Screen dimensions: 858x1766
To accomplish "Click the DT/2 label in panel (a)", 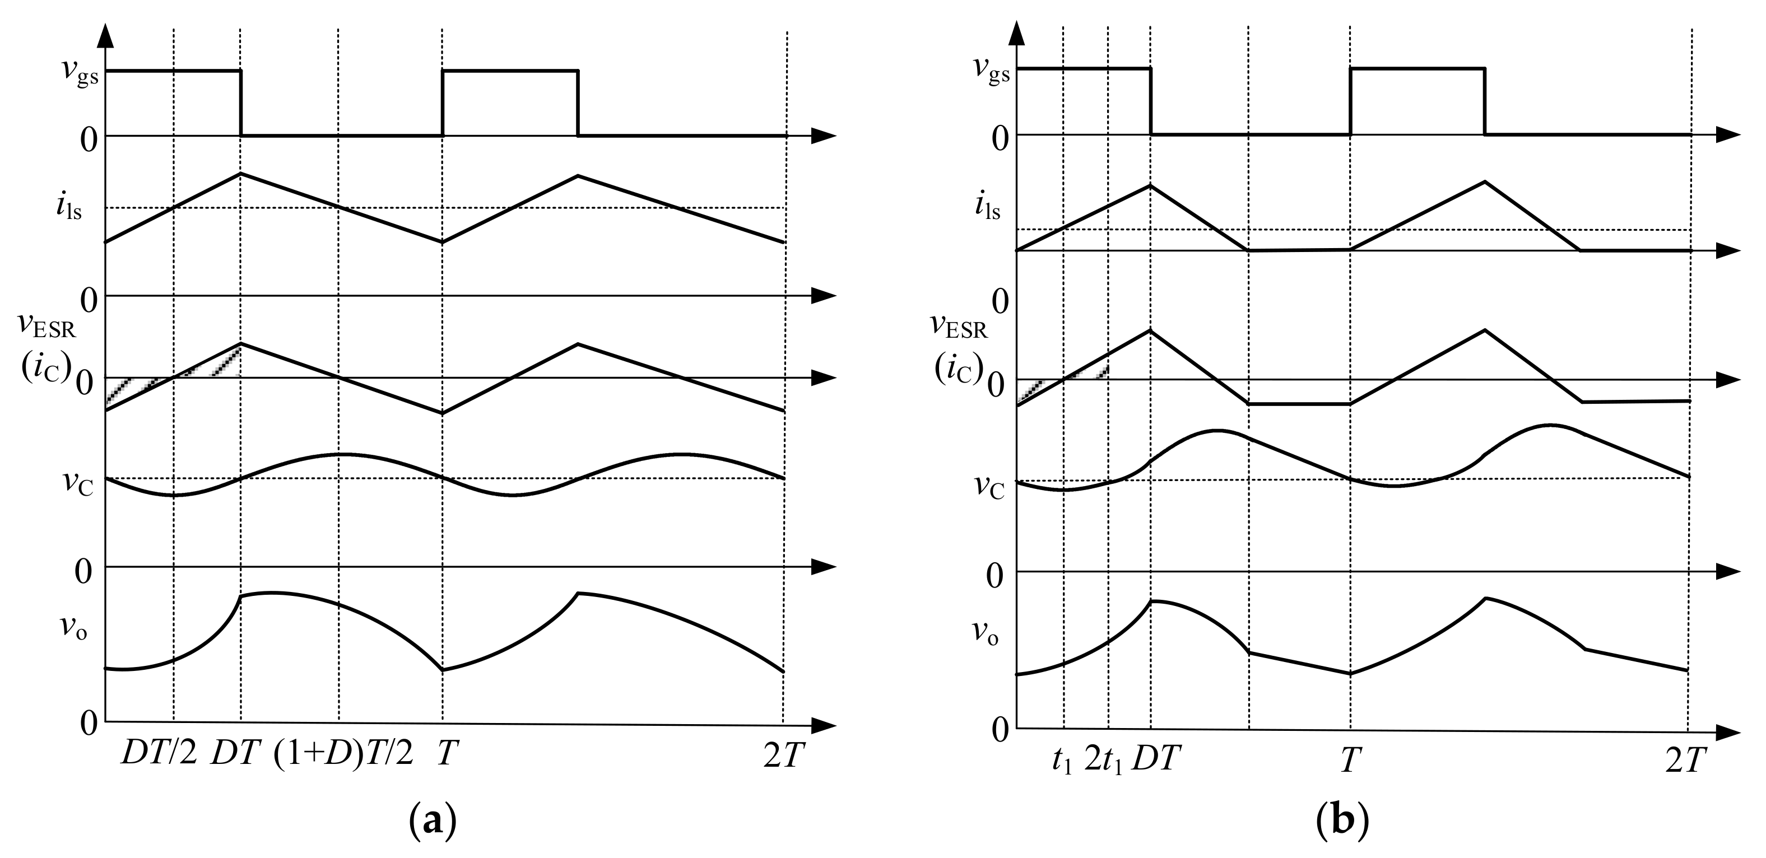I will click(x=159, y=754).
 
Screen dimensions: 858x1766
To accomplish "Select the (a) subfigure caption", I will click(x=432, y=819).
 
